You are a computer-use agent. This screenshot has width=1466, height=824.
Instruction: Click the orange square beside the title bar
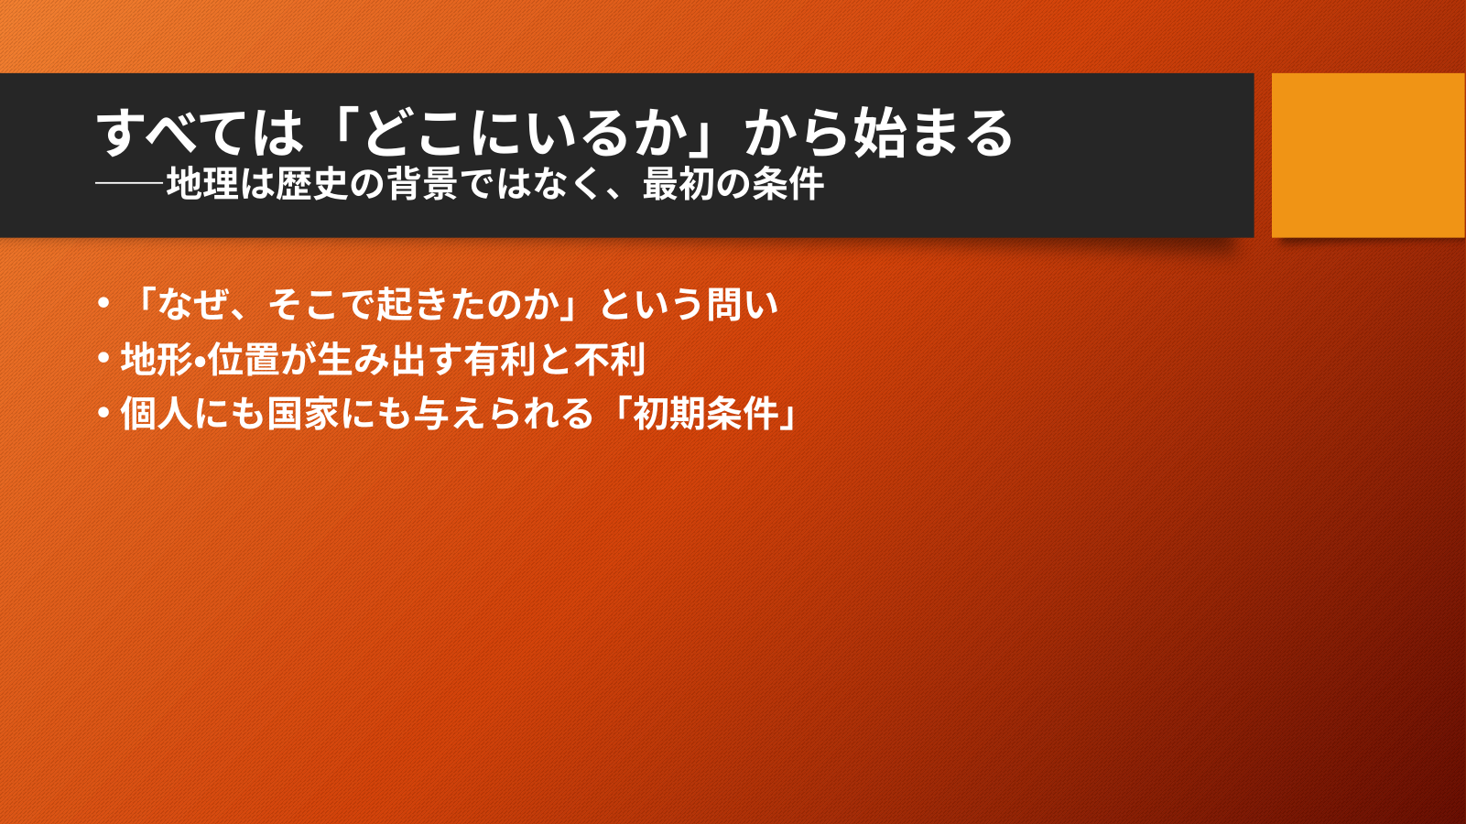(1368, 155)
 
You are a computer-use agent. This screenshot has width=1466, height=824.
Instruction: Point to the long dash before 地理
(130, 184)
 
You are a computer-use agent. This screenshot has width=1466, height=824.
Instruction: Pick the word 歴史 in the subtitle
(310, 184)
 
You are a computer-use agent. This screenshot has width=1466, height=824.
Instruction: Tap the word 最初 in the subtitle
(678, 184)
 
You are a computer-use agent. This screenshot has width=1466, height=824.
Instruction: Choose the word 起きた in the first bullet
(430, 304)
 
